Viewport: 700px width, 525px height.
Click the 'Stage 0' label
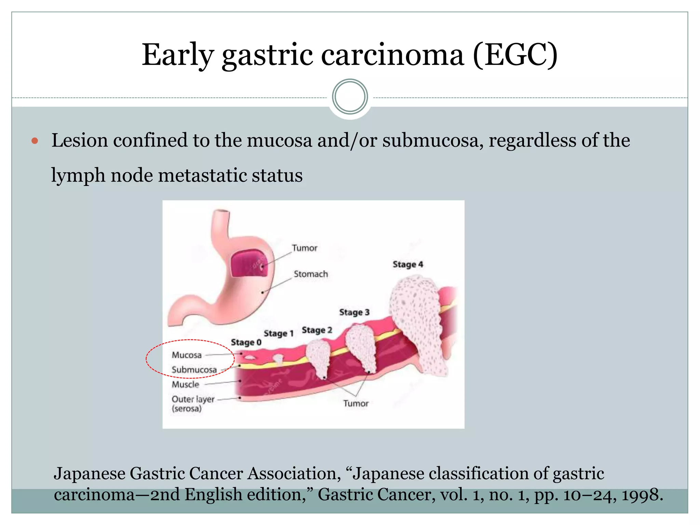click(246, 342)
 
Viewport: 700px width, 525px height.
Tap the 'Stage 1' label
click(279, 333)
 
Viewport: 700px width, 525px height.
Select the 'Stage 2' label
click(317, 330)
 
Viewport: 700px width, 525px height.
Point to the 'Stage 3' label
click(354, 312)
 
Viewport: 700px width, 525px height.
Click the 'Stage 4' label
click(408, 264)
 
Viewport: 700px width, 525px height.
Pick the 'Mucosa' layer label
click(187, 355)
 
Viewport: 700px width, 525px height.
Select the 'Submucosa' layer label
click(194, 370)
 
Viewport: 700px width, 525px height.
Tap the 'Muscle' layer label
click(185, 385)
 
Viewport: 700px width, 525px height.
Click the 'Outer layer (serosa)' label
click(192, 404)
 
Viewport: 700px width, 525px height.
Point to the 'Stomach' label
click(311, 274)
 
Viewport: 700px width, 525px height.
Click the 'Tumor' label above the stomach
click(304, 248)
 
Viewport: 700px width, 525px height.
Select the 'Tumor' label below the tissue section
click(356, 404)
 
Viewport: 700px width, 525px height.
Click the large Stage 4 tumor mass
click(417, 321)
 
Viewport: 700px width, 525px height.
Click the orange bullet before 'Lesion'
click(35, 141)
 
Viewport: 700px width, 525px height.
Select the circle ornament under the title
click(350, 97)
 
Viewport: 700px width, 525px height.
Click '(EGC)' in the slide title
click(515, 55)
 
